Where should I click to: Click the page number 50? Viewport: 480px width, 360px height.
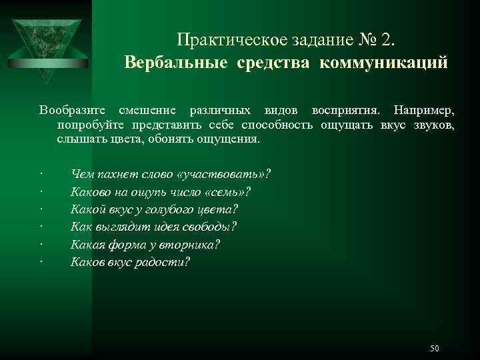(435, 349)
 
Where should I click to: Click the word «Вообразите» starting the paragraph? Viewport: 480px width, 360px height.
(69, 109)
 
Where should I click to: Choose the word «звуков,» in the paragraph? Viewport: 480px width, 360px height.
(434, 125)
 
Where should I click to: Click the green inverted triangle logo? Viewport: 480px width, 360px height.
(51, 40)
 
